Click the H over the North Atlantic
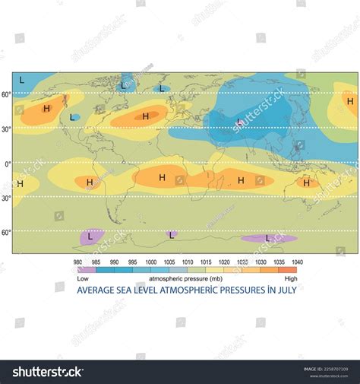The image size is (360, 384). [x=145, y=116]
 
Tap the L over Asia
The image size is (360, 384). [x=239, y=122]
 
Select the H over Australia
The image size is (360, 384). [x=307, y=182]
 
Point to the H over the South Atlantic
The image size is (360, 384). [x=162, y=177]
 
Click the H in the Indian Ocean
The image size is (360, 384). [x=241, y=180]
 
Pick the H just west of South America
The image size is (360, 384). [x=89, y=182]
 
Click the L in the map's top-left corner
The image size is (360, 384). [x=21, y=79]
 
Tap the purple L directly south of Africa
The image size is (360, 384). [x=172, y=235]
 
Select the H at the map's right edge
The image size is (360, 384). [x=349, y=101]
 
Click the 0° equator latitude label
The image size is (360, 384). [x=7, y=163]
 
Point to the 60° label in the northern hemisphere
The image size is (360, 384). [x=6, y=94]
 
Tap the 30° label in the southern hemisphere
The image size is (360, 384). [x=6, y=198]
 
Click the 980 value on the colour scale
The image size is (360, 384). [x=77, y=262]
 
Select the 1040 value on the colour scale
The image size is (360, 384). [x=297, y=262]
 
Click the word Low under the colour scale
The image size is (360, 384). [x=83, y=278]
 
